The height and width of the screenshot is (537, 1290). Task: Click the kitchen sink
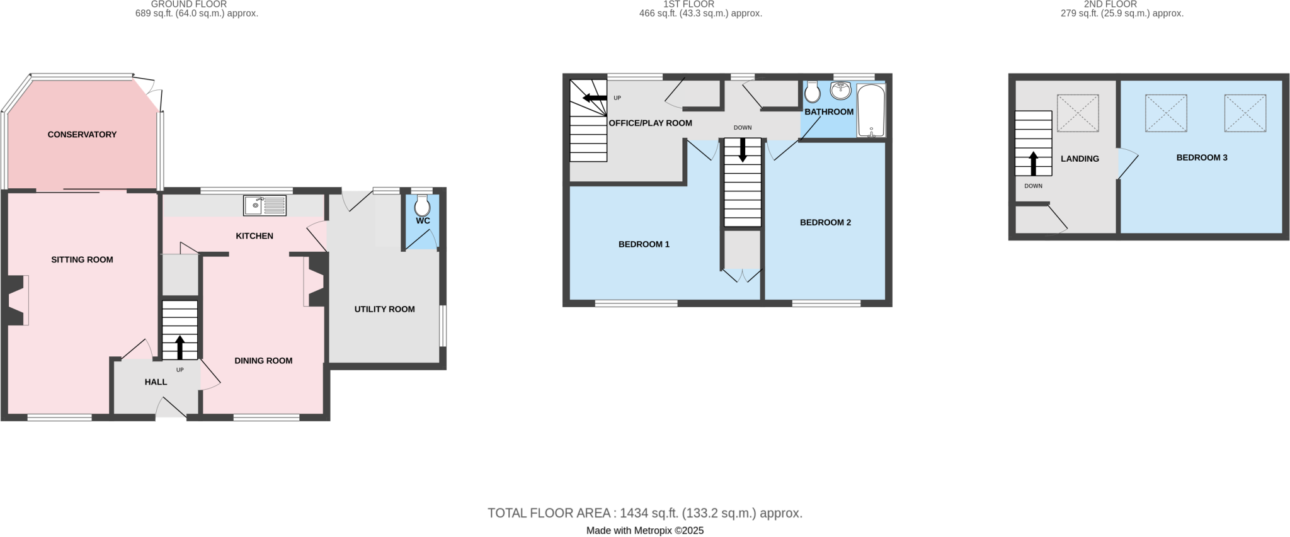click(265, 205)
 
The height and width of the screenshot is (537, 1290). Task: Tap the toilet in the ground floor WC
click(422, 205)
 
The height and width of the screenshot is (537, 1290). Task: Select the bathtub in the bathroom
click(871, 111)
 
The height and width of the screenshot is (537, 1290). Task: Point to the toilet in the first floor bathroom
click(813, 93)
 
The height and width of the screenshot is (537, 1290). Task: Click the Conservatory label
click(82, 134)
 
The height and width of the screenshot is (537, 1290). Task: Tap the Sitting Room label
click(82, 259)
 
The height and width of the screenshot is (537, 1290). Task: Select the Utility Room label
click(384, 309)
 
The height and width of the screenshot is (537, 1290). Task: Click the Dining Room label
click(263, 361)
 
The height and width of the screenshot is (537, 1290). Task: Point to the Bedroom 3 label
click(1201, 157)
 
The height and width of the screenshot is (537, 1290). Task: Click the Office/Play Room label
click(650, 123)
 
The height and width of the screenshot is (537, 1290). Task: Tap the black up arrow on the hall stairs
click(180, 347)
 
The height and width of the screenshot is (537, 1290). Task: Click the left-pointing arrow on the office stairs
click(594, 98)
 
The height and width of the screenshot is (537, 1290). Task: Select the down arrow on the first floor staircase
click(743, 150)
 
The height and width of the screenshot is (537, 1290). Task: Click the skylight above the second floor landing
click(1077, 113)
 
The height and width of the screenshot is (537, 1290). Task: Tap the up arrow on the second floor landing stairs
click(1033, 163)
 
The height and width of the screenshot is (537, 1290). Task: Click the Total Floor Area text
click(644, 513)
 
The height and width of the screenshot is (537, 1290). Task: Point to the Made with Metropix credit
click(644, 531)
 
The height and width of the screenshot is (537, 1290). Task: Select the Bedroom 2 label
click(825, 222)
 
